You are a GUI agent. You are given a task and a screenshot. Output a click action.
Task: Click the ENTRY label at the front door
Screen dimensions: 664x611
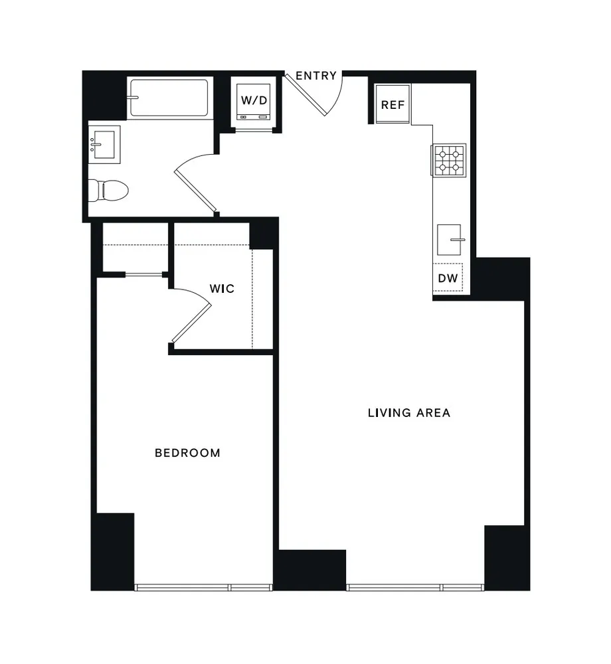click(316, 76)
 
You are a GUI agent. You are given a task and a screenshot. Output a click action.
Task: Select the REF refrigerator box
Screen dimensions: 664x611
click(393, 105)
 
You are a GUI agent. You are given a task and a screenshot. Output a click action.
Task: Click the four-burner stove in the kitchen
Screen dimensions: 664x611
click(449, 160)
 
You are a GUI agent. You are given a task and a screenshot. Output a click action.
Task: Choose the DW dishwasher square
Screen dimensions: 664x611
click(448, 278)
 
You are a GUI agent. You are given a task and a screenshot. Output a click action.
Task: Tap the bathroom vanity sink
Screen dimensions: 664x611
click(105, 143)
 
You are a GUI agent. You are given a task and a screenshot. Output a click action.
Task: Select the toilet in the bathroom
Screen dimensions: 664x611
click(108, 191)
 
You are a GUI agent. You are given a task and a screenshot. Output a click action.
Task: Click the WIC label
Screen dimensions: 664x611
click(222, 290)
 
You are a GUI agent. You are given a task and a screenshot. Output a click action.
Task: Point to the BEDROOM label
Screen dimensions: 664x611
click(187, 453)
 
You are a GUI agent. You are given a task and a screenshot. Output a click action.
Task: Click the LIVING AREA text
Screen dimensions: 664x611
click(409, 412)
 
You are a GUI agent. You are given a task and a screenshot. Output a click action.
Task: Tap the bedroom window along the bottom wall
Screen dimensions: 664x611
click(203, 587)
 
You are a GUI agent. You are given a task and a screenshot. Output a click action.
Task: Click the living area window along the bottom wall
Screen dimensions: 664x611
click(415, 587)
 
